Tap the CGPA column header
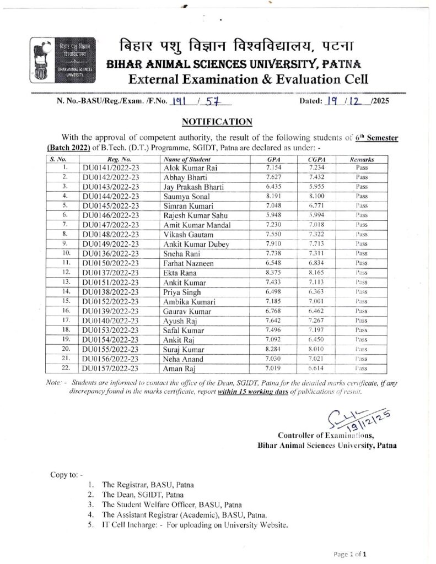tap(316, 159)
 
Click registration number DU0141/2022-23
tap(111, 167)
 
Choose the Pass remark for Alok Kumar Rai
tap(362, 167)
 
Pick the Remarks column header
tap(362, 159)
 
